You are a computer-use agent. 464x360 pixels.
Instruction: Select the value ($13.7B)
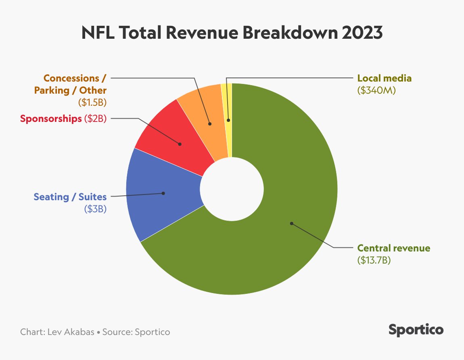374,260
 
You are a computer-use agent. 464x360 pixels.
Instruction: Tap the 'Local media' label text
384,78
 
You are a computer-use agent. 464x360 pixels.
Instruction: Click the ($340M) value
376,91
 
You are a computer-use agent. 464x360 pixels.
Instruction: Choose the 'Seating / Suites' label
70,197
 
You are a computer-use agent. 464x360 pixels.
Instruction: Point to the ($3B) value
95,209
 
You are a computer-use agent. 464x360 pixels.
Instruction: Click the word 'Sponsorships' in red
51,119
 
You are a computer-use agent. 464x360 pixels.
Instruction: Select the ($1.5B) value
92,103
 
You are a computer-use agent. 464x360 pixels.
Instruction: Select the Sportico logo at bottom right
416,329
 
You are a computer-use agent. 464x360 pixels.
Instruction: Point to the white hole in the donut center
232,189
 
